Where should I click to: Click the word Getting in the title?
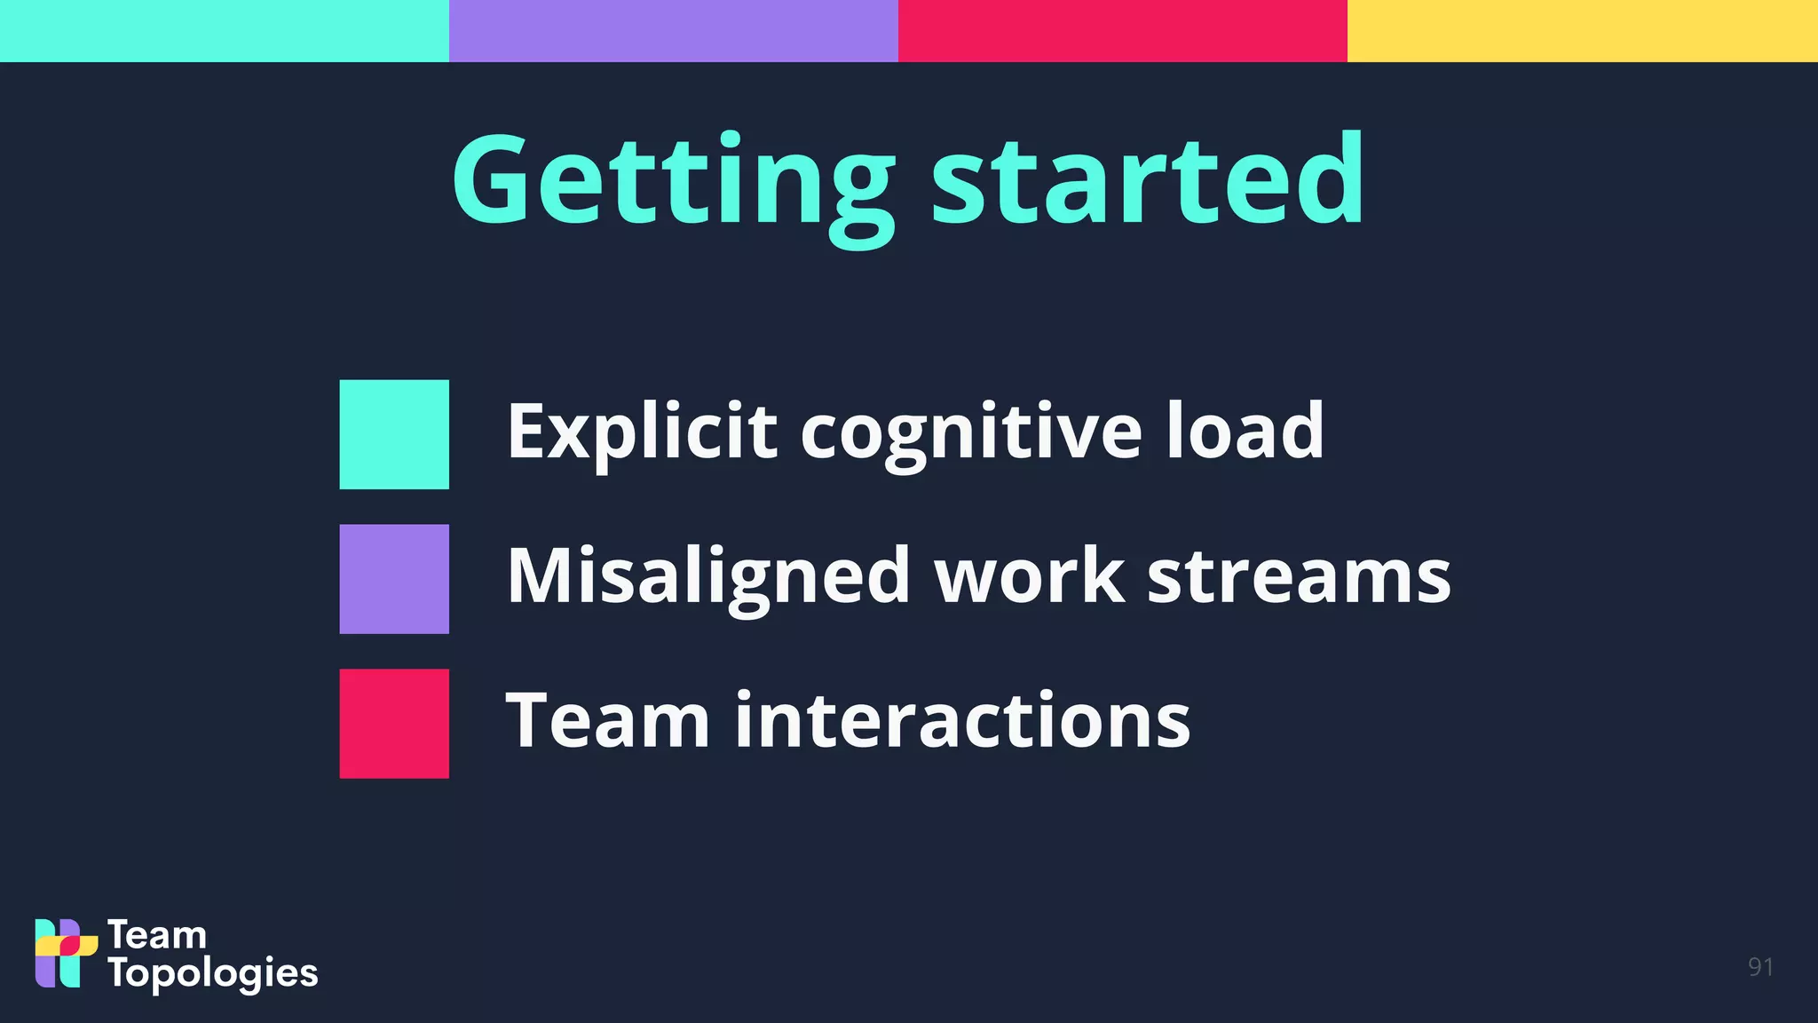coord(673,182)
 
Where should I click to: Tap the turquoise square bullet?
coord(394,434)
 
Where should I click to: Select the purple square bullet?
coord(394,579)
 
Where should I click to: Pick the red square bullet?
coord(394,724)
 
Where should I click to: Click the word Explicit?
coord(642,432)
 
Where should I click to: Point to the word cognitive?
coord(971,432)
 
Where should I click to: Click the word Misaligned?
coord(708,577)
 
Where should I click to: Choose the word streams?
coord(1299,577)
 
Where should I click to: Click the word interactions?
coord(962,720)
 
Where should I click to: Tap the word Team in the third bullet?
coord(607,720)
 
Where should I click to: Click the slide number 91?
coord(1760,967)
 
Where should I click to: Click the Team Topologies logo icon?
coord(66,953)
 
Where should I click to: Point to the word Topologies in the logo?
coord(213,974)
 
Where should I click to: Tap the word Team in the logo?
coord(157,935)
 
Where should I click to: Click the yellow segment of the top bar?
coord(1582,31)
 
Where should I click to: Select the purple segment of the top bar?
coord(674,31)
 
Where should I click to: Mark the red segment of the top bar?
coord(1123,31)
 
